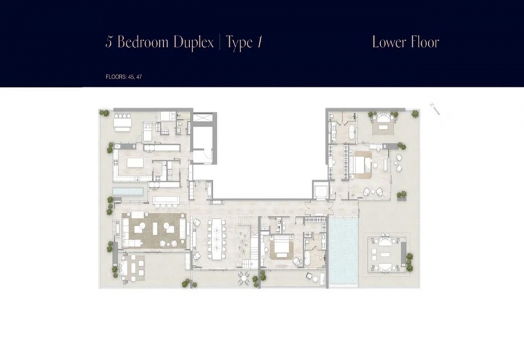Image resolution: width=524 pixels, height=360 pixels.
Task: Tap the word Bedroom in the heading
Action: (143, 42)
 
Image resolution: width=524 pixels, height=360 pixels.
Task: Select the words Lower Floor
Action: (405, 42)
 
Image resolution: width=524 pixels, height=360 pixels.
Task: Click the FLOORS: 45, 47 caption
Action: (124, 77)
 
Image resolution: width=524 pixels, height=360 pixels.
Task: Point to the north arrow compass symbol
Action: (435, 109)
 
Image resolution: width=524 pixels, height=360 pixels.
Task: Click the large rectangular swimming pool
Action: (343, 251)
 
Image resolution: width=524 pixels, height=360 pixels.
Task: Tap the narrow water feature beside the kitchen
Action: (128, 192)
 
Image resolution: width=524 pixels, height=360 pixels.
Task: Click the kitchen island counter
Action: (135, 162)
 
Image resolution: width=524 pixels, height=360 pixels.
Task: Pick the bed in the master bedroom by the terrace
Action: (362, 164)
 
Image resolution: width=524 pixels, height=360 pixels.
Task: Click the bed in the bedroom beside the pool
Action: (282, 247)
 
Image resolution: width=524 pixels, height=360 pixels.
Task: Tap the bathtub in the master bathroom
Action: (351, 133)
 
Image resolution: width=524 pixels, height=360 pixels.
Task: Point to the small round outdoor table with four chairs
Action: (244, 278)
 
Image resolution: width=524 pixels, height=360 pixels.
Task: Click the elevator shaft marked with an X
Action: (202, 118)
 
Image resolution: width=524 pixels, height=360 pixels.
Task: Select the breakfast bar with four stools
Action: (166, 200)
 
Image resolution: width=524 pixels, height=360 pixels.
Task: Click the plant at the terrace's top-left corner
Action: (105, 113)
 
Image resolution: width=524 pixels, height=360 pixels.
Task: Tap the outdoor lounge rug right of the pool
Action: (387, 255)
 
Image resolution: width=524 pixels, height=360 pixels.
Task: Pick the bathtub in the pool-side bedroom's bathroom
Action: (307, 258)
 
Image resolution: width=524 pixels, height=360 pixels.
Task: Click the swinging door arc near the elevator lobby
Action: (207, 157)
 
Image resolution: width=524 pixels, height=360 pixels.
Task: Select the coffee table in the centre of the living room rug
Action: (155, 228)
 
